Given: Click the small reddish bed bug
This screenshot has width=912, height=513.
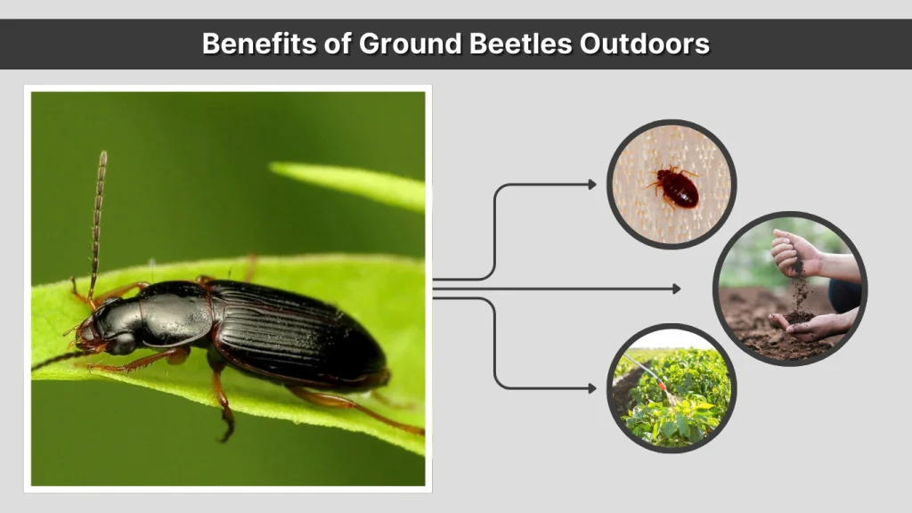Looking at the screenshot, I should pyautogui.click(x=677, y=187).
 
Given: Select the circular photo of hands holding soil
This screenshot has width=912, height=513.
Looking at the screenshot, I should pyautogui.click(x=790, y=289).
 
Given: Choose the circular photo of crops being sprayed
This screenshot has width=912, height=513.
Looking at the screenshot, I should pyautogui.click(x=672, y=387).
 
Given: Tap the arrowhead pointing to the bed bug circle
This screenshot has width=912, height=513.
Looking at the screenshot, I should pyautogui.click(x=592, y=184).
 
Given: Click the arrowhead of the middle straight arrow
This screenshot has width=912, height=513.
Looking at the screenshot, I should pyautogui.click(x=676, y=289).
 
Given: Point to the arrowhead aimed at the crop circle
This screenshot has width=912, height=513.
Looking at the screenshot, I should pyautogui.click(x=592, y=387).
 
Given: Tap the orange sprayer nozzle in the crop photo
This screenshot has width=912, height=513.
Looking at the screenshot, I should pyautogui.click(x=663, y=389).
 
